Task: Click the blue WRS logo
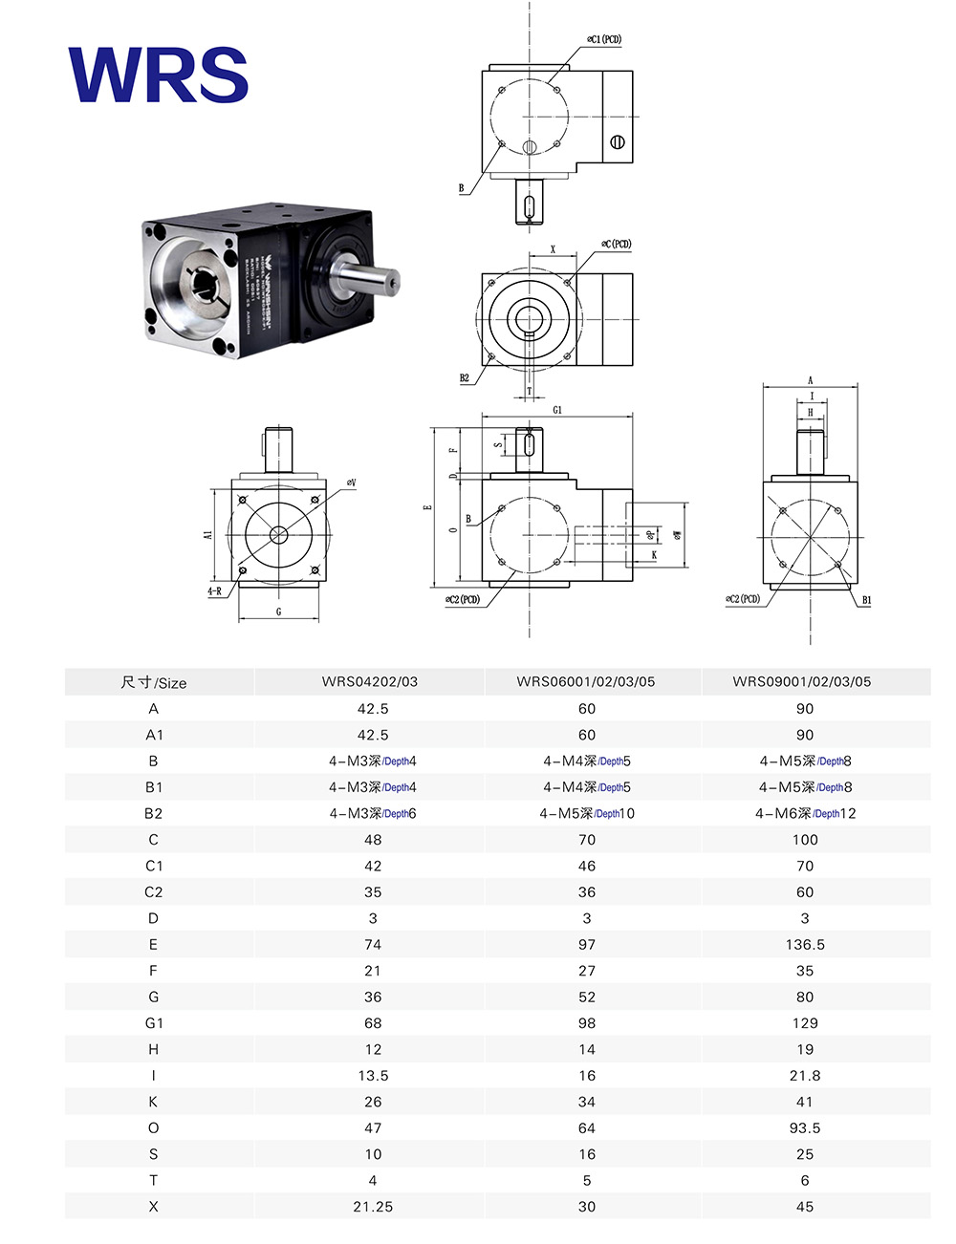pos(159,75)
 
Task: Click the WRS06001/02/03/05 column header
pos(586,682)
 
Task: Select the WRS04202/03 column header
pos(370,682)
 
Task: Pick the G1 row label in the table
pos(154,1023)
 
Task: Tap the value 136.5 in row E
pos(805,945)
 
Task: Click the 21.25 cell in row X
pos(373,1207)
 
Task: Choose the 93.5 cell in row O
pos(805,1128)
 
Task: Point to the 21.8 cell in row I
pos(805,1076)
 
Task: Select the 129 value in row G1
pos(805,1023)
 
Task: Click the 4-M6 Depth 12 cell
pos(805,814)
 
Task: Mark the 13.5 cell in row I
pos(373,1076)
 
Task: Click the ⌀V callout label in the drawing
pos(352,483)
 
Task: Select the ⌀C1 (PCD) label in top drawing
pos(604,40)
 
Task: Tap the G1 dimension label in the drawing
pos(557,410)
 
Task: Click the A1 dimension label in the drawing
pos(208,535)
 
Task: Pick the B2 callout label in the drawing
pos(465,378)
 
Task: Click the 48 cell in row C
pos(373,840)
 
